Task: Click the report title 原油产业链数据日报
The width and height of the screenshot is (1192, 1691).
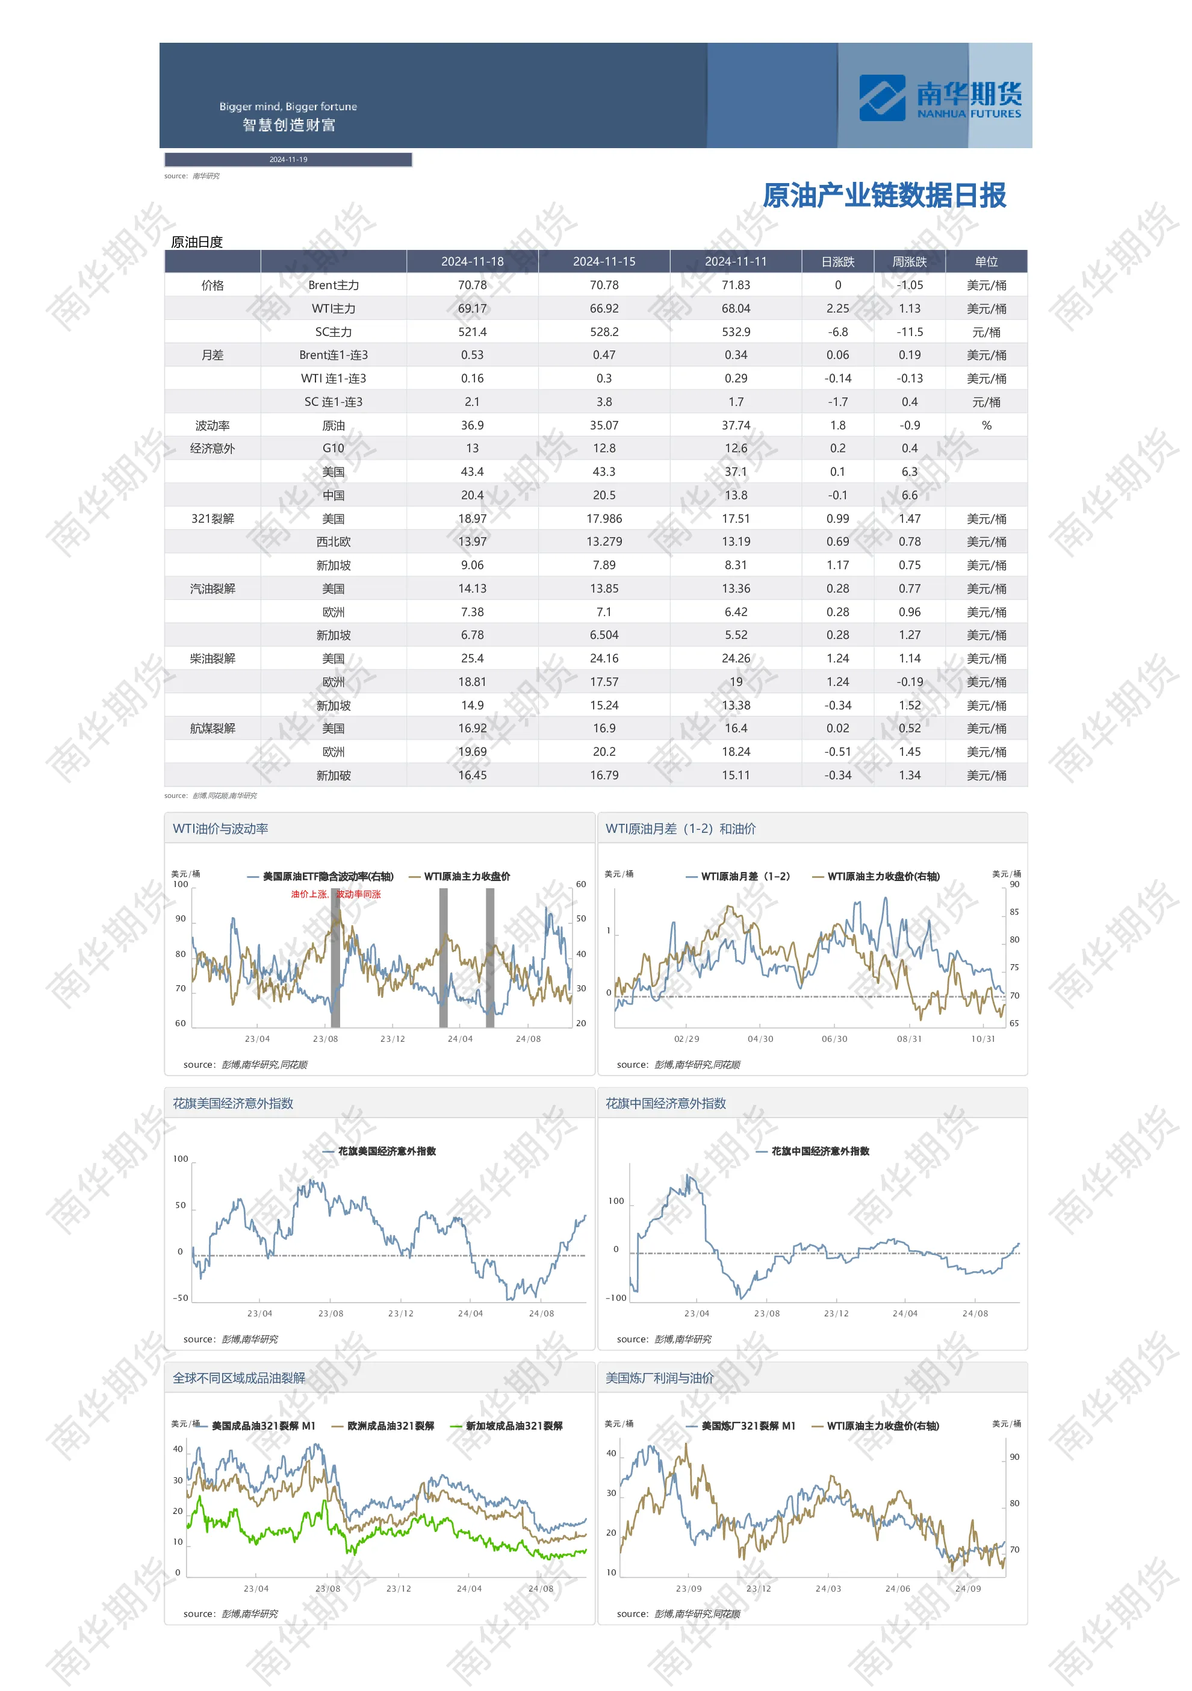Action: click(884, 195)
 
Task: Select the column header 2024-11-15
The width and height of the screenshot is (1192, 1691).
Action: click(604, 261)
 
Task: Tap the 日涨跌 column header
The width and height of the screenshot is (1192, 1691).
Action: click(837, 261)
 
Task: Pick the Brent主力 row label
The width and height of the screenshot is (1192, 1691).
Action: click(334, 285)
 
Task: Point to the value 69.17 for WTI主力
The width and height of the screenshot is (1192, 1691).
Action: click(472, 308)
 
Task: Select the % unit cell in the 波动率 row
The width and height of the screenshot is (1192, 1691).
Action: click(986, 426)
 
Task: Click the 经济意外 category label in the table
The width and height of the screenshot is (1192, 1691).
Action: click(212, 449)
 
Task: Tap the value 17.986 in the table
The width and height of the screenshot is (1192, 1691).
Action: click(604, 519)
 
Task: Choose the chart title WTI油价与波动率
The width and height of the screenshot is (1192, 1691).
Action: click(220, 829)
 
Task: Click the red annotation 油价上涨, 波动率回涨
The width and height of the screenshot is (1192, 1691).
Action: click(336, 894)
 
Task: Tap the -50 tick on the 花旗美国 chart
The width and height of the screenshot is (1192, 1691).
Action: click(181, 1298)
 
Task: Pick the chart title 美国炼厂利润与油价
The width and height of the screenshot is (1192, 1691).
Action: click(659, 1378)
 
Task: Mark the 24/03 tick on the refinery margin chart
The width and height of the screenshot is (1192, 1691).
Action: click(828, 1589)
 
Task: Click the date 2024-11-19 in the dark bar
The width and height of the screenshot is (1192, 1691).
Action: click(288, 159)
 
